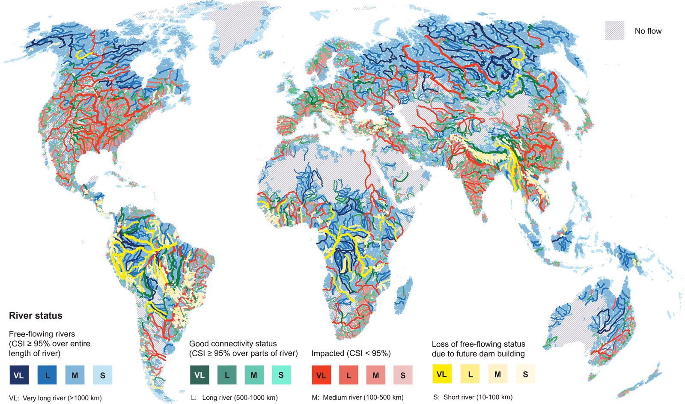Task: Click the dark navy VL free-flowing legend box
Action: click(x=19, y=375)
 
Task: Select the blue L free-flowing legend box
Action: click(x=47, y=375)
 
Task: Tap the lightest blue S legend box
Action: click(x=103, y=375)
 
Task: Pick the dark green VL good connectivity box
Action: click(x=200, y=375)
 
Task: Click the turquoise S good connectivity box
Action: click(x=281, y=375)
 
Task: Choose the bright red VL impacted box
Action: click(x=321, y=375)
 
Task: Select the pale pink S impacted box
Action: click(x=403, y=375)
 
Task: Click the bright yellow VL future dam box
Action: click(x=442, y=374)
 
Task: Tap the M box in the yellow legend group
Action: click(x=497, y=374)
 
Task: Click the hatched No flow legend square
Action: click(x=614, y=31)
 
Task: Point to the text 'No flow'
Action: click(x=648, y=31)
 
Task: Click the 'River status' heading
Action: click(x=36, y=315)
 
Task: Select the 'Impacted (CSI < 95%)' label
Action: click(x=351, y=353)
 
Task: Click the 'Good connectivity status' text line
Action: click(x=233, y=343)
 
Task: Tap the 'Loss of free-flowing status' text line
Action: click(x=478, y=344)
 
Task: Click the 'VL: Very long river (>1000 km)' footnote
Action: click(x=55, y=398)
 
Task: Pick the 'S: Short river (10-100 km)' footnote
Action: click(x=473, y=397)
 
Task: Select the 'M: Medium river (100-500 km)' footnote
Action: click(x=357, y=397)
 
